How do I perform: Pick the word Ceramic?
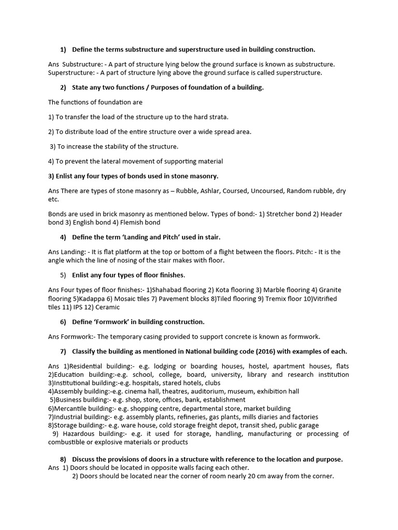[107, 307]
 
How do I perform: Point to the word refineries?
[147, 417]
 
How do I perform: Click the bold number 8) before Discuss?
[63, 459]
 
